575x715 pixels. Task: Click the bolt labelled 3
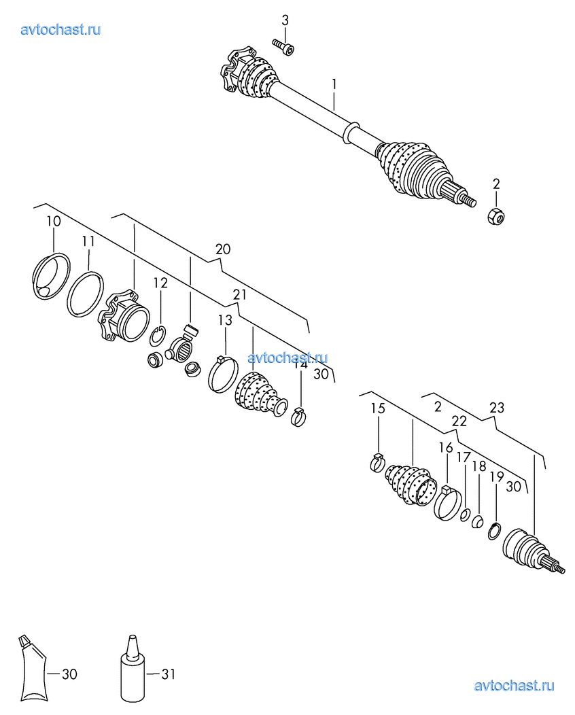(283, 46)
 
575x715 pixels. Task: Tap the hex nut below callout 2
(495, 216)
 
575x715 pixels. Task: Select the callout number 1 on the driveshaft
(334, 84)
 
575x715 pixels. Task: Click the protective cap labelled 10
(52, 277)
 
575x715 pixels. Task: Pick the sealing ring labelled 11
(85, 294)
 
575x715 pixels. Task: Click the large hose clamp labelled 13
(223, 374)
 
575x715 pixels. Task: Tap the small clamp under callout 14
(298, 417)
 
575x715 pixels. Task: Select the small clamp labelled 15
(377, 463)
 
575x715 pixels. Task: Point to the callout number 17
(464, 457)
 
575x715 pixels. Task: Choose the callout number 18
(479, 466)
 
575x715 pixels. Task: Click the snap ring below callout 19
(494, 531)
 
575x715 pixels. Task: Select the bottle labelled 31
(133, 668)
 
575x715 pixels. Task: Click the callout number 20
(223, 249)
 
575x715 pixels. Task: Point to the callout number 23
(497, 408)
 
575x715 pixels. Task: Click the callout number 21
(239, 294)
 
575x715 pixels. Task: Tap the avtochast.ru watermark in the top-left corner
(60, 29)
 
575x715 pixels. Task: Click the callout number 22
(459, 421)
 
